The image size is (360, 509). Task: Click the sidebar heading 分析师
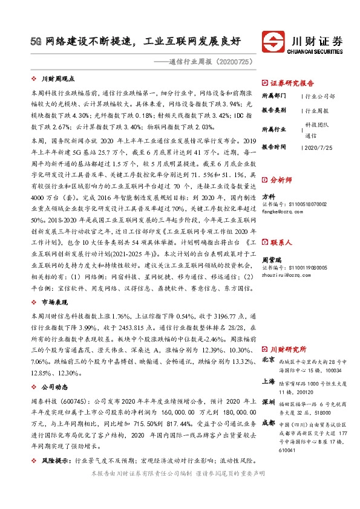(281, 180)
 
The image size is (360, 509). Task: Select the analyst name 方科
(269, 197)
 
